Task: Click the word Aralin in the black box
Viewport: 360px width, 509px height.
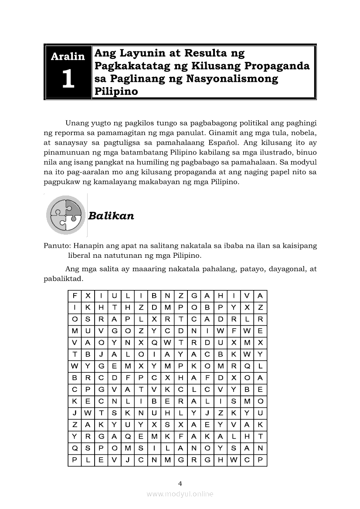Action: pyautogui.click(x=68, y=56)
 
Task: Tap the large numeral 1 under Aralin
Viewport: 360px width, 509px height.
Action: pyautogui.click(x=68, y=80)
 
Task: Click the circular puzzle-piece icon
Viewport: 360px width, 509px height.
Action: pyautogui.click(x=65, y=215)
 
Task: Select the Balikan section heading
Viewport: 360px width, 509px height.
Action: pyautogui.click(x=111, y=216)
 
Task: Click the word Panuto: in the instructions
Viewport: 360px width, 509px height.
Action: pyautogui.click(x=57, y=246)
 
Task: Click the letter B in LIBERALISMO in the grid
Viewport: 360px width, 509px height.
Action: pyautogui.click(x=154, y=401)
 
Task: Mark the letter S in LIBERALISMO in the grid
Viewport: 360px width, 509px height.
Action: pyautogui.click(x=234, y=401)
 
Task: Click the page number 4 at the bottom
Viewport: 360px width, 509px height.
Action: pyautogui.click(x=180, y=483)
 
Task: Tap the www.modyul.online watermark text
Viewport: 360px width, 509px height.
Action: pyautogui.click(x=180, y=494)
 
